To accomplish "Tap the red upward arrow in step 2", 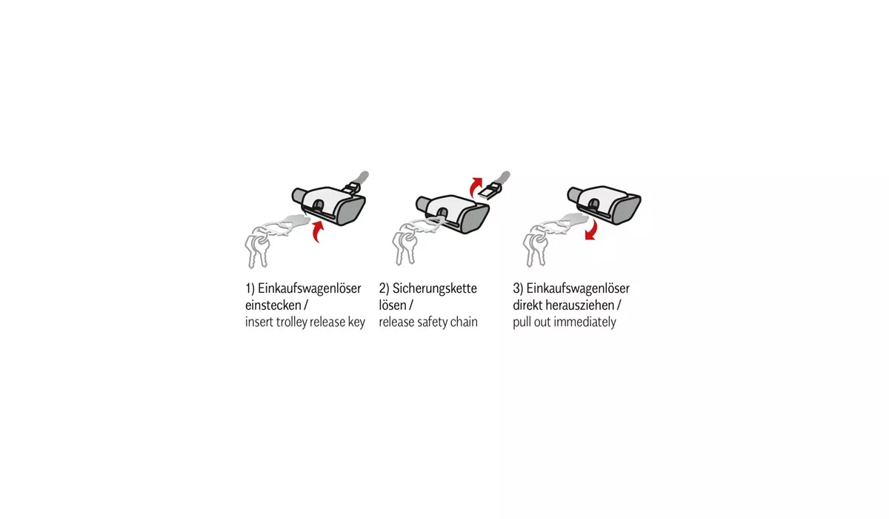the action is (474, 188).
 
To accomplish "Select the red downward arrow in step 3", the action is (592, 231).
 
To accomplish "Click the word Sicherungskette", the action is (435, 288).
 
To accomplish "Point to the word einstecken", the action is (273, 305).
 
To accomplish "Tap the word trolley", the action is (288, 322).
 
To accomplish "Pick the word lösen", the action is (393, 305).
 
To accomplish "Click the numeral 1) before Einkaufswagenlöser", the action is (250, 288).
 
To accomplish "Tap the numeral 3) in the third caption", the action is (518, 288).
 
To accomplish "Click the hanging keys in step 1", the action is (256, 250).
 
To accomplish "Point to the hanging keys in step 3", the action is (536, 248).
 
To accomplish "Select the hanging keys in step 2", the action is (404, 248).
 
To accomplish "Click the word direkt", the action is (527, 305).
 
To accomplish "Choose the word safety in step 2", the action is (431, 322).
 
